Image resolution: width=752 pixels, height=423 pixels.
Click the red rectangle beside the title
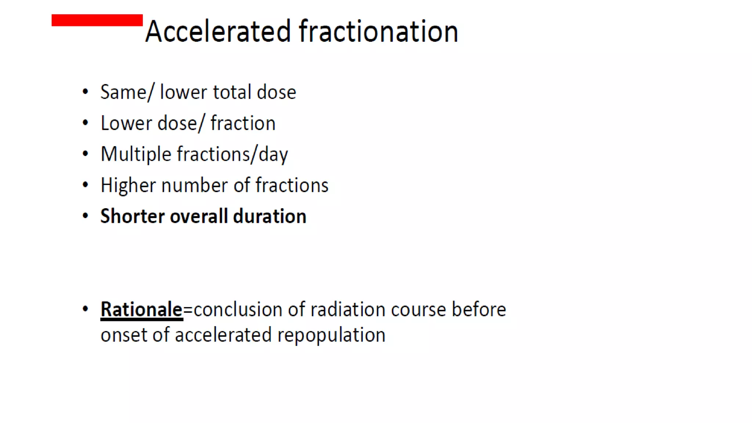(x=97, y=20)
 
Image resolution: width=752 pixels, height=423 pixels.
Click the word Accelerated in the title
(x=218, y=32)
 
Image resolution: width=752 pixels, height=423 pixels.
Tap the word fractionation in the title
(x=379, y=32)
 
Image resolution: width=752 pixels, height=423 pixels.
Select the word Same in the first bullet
(x=123, y=92)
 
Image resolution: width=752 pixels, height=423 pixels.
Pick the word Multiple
(x=136, y=154)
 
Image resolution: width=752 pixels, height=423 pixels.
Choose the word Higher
(x=128, y=185)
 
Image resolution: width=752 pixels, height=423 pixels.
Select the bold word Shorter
(x=132, y=216)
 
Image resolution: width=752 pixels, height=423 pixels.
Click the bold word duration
(x=270, y=216)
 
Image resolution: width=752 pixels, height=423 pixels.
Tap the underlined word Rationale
(x=141, y=309)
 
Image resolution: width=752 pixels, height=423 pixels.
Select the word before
(x=479, y=310)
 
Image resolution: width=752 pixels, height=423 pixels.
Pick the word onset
(x=124, y=335)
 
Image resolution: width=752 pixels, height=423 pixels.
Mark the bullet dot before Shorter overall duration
(x=86, y=216)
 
